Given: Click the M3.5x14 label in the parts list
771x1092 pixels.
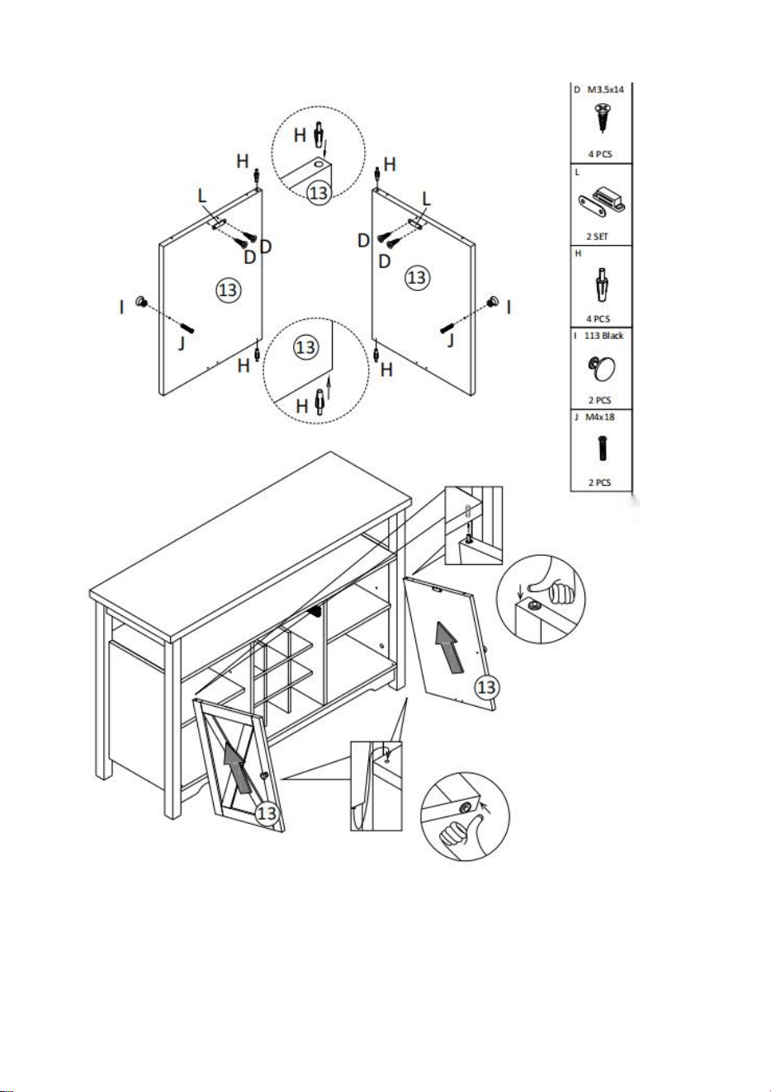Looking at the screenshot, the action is [x=605, y=90].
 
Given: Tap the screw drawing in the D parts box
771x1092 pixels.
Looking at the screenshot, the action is [x=603, y=117].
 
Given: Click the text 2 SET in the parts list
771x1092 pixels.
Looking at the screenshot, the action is [x=598, y=237].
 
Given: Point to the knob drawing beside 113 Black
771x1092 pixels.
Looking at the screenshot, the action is [x=602, y=368].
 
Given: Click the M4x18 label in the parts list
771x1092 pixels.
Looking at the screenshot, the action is [x=600, y=417].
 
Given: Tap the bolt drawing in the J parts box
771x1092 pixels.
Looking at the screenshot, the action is [x=602, y=449].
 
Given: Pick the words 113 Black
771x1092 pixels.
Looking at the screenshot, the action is [x=603, y=336].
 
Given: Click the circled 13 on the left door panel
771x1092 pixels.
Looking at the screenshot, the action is [x=228, y=290].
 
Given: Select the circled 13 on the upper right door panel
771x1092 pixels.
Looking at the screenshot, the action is [x=417, y=278].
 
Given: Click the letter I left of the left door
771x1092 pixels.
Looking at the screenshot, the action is [x=121, y=307].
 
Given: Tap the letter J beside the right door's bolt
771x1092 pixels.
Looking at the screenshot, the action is [x=451, y=341].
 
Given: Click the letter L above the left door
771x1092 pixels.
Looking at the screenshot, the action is [x=202, y=196].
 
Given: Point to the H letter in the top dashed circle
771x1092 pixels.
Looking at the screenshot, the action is [x=300, y=135].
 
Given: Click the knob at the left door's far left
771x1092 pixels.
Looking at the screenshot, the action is [x=142, y=302].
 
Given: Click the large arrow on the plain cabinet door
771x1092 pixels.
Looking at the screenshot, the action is [x=450, y=648].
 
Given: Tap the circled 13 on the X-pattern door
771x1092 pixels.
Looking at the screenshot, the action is [x=267, y=813].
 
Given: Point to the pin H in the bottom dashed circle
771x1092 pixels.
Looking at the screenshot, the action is [x=320, y=402].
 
